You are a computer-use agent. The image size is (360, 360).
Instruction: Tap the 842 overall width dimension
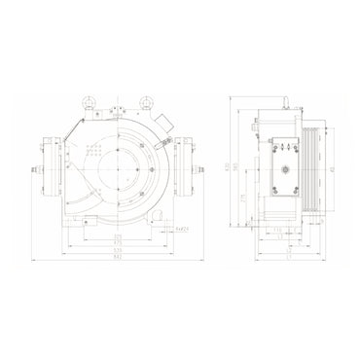(x=118, y=258)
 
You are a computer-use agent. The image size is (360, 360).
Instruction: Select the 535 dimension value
(x=118, y=250)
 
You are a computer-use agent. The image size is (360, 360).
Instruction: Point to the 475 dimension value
(x=118, y=242)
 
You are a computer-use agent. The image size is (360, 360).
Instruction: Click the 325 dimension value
(x=118, y=235)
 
